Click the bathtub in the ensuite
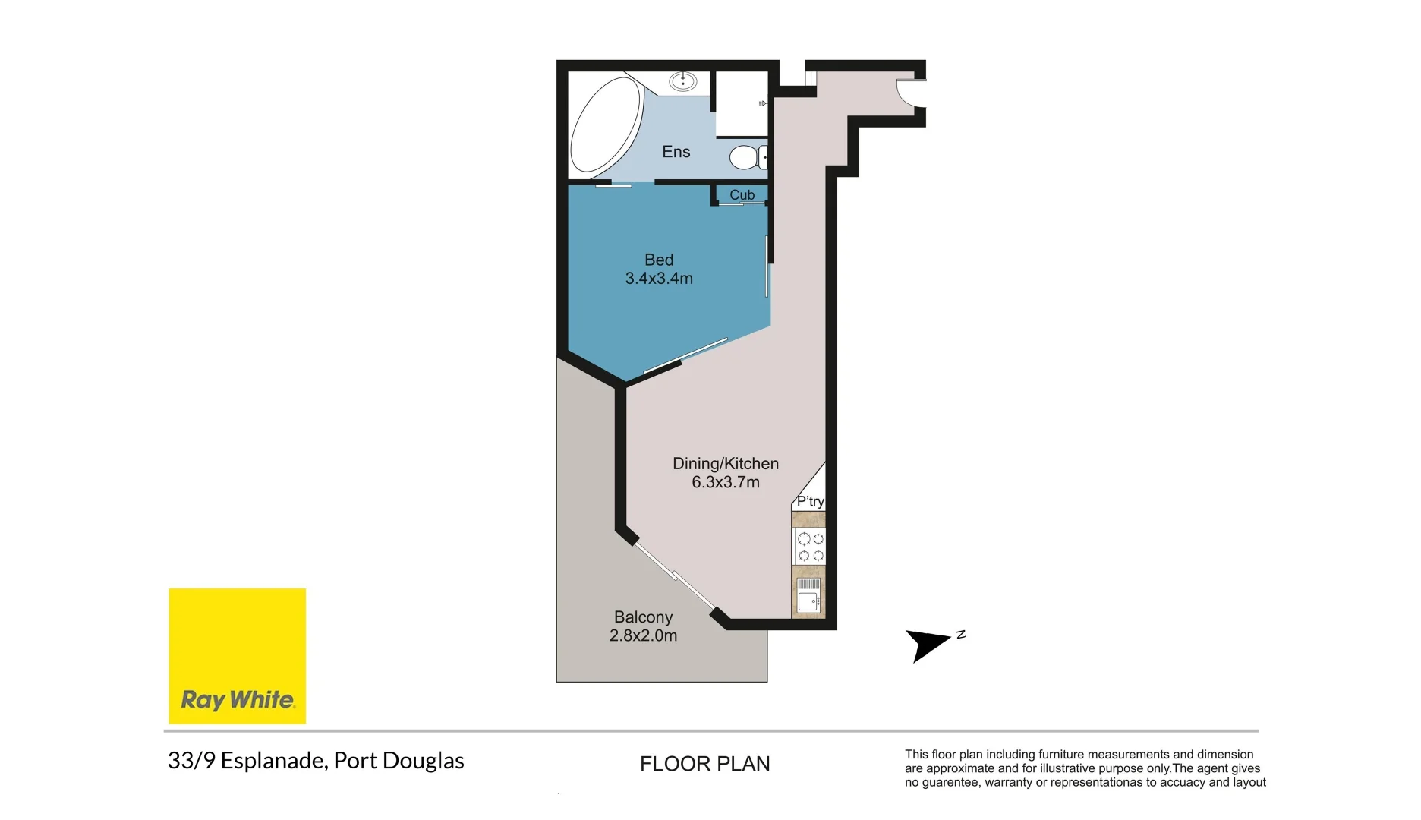click(607, 125)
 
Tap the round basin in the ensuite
click(683, 80)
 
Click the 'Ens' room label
click(676, 152)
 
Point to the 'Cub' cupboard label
click(742, 195)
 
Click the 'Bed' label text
click(659, 260)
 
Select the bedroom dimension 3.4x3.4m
click(659, 279)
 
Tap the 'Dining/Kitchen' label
click(726, 464)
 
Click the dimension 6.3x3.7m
click(726, 482)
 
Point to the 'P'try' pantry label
click(810, 501)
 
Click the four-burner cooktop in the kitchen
click(810, 547)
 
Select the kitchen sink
click(808, 596)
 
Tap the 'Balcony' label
click(644, 617)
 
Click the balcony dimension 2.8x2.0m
click(644, 635)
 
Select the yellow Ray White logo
click(238, 656)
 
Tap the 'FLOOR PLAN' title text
click(705, 764)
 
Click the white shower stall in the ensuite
click(742, 104)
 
